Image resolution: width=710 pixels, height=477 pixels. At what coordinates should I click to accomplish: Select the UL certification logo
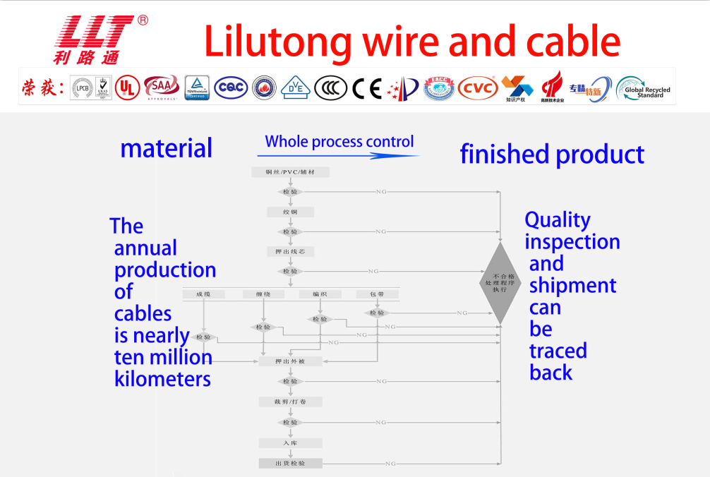point(128,88)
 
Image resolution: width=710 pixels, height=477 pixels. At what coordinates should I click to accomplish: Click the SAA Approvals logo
point(161,88)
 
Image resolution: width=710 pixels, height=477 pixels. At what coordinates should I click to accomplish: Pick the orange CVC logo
point(478,88)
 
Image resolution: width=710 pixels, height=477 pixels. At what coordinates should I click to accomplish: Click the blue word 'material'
point(166,148)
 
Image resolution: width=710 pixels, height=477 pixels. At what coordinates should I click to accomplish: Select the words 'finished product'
point(552,154)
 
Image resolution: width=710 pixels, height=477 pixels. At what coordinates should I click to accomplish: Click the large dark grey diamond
point(500,283)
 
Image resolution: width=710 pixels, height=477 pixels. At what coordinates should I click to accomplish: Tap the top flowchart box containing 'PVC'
point(291,172)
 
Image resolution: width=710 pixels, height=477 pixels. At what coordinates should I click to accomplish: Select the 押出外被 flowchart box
point(291,361)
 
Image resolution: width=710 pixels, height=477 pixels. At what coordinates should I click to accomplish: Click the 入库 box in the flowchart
point(291,443)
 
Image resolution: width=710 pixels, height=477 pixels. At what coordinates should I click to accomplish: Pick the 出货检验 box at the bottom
point(291,464)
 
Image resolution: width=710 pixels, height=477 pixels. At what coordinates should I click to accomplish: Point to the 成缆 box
point(203,294)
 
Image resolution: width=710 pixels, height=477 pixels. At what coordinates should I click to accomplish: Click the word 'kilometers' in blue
point(162,379)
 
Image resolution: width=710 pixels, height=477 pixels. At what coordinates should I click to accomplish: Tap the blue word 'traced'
point(558,351)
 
